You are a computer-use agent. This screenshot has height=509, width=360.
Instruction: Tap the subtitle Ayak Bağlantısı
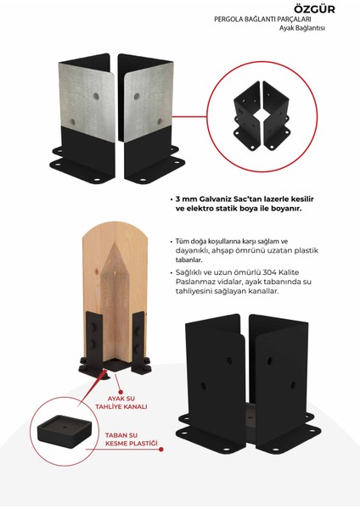pos(302,28)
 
